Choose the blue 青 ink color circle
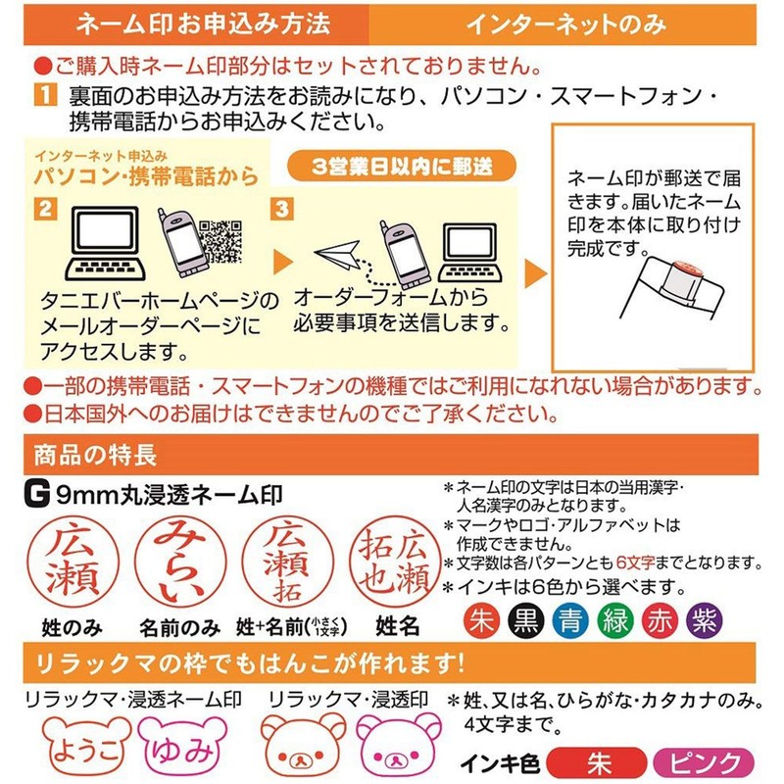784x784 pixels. point(569,621)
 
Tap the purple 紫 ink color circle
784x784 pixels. point(704,621)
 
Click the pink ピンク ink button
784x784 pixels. point(703,762)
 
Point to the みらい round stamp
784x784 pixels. point(177,562)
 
